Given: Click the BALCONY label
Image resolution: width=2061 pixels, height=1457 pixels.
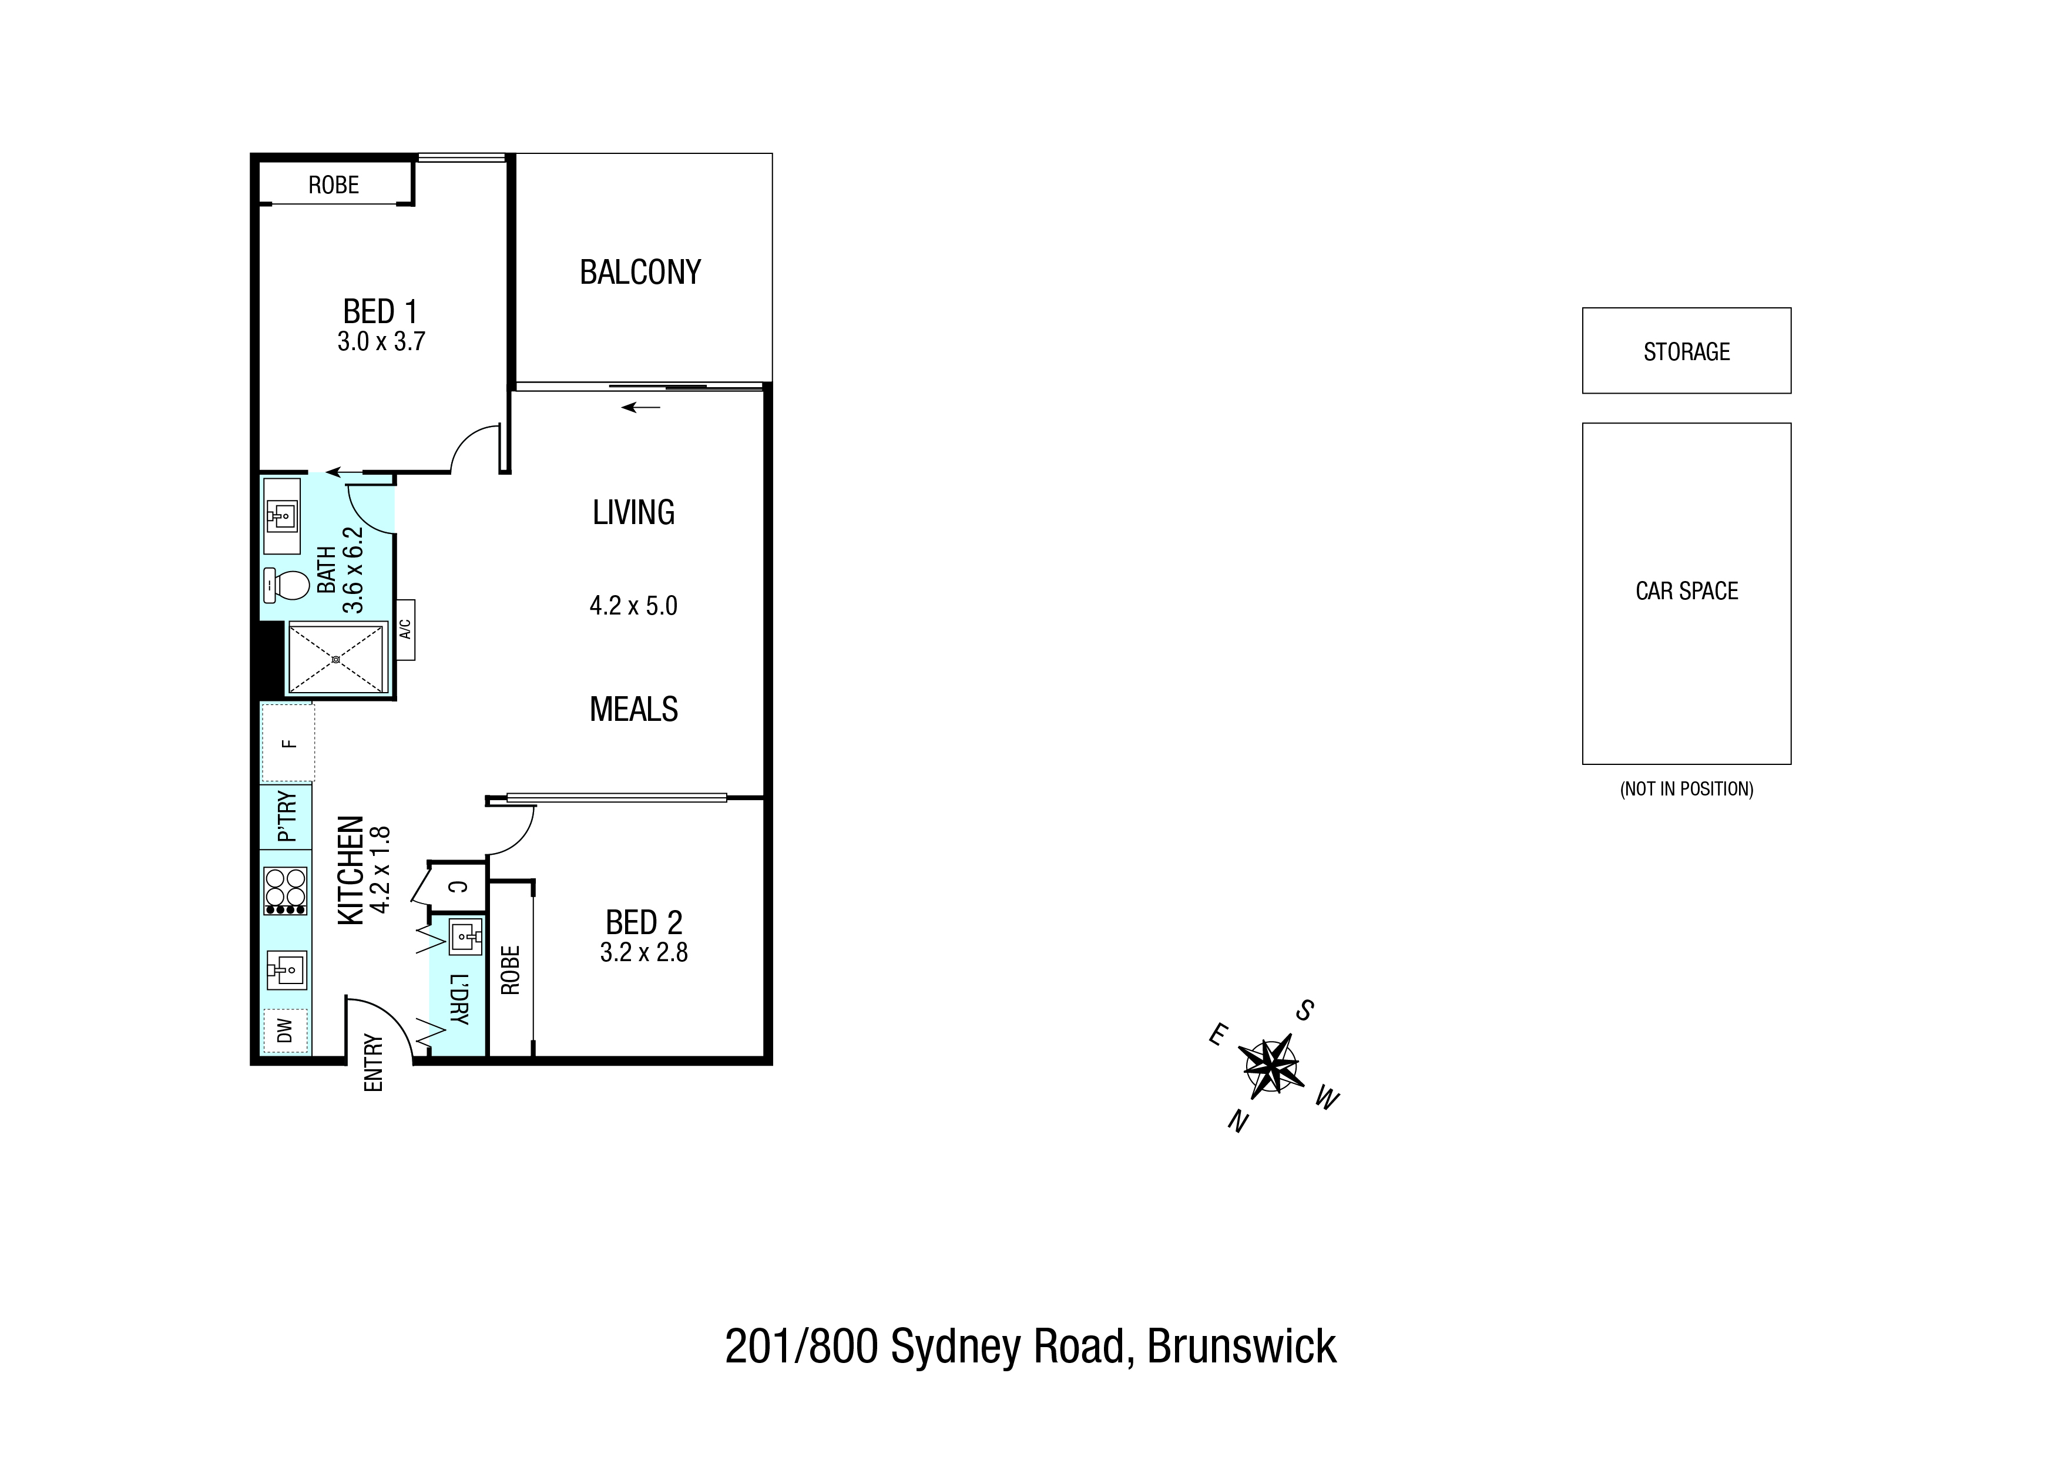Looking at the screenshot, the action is click(x=640, y=272).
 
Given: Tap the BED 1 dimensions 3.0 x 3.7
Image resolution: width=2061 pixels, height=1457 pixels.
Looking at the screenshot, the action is click(x=381, y=341).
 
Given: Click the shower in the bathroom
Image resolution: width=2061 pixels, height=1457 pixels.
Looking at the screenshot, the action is click(x=335, y=659).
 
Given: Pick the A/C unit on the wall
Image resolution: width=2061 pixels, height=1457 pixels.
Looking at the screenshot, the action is click(x=405, y=629).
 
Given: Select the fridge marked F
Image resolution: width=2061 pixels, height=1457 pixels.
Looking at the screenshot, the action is click(x=287, y=743).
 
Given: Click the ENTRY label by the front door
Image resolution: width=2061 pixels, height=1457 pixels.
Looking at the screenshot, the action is click(x=374, y=1063).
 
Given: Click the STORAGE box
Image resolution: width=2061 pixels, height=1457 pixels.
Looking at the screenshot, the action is click(x=1686, y=350).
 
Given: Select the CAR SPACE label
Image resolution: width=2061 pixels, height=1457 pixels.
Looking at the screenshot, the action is click(x=1687, y=590).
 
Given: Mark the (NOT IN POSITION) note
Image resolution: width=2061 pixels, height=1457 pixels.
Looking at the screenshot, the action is click(x=1687, y=789).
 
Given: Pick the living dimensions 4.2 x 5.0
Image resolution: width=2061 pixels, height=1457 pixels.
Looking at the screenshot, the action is click(x=634, y=606).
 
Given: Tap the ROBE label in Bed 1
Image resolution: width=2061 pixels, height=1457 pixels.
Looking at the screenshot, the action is click(x=334, y=185).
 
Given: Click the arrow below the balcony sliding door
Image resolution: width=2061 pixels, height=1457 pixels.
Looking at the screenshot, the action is click(x=641, y=408).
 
